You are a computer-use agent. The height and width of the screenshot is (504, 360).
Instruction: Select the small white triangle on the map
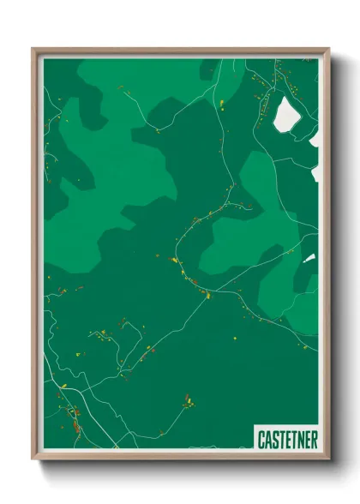[x=309, y=257]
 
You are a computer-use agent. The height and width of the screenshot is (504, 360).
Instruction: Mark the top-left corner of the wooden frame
[x=33, y=49]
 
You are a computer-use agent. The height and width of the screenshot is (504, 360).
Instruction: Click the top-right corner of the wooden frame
[x=328, y=49]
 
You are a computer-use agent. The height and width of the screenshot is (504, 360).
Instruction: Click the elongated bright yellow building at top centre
[x=222, y=105]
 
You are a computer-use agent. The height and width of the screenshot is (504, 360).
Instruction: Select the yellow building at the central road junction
[x=207, y=296]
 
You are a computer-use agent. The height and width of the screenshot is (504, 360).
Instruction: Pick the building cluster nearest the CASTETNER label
[x=188, y=400]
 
